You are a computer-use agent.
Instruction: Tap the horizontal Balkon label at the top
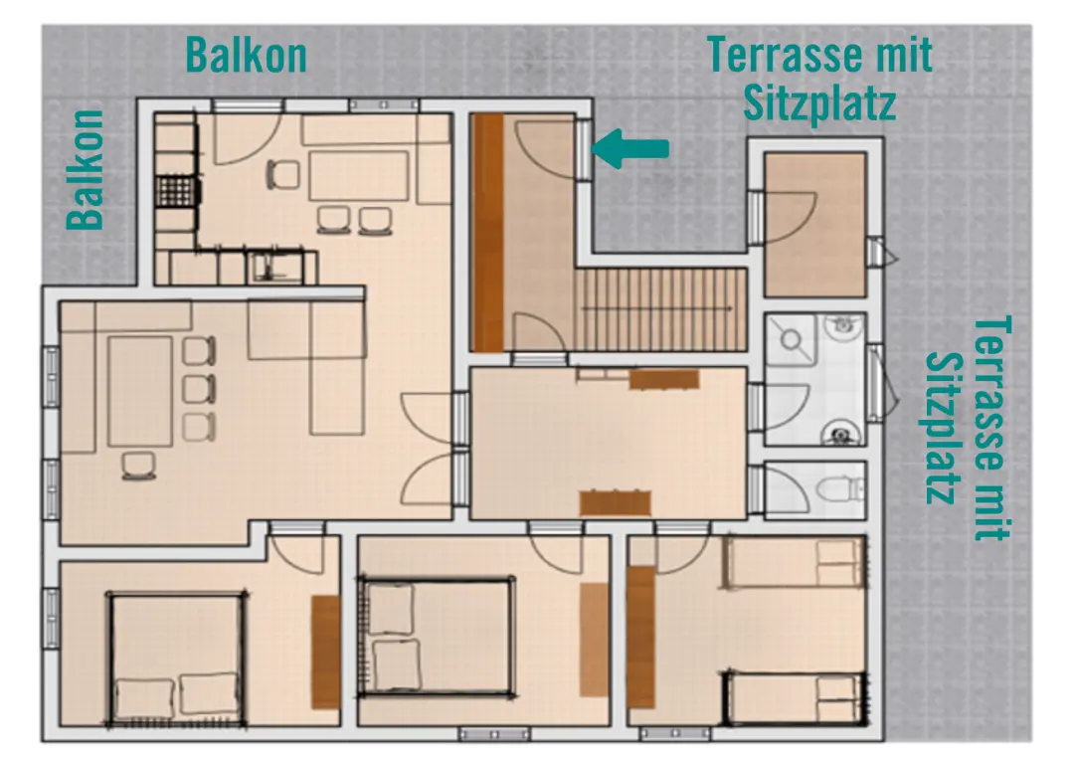[x=247, y=55]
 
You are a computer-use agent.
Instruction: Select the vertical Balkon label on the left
[x=87, y=169]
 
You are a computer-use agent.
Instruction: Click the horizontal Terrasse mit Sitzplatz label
[x=820, y=78]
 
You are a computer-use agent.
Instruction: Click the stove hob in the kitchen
[x=176, y=190]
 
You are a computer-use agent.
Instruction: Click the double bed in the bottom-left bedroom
[x=177, y=657]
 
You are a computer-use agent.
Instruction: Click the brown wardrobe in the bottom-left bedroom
[x=325, y=652]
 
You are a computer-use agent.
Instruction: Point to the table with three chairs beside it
[x=140, y=391]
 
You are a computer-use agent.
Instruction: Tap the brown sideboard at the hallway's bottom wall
[x=615, y=502]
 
